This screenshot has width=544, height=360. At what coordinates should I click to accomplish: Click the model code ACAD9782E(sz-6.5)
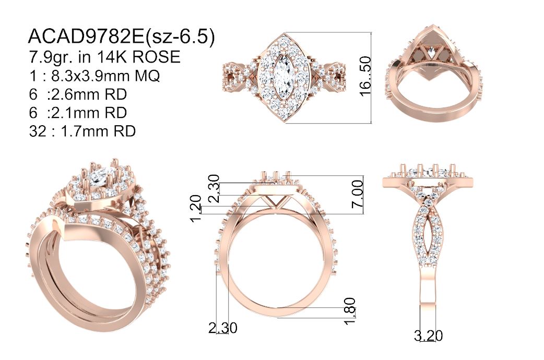121,37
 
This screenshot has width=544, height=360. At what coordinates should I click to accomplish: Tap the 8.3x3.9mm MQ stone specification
105,76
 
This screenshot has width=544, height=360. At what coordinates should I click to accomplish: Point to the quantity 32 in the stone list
38,131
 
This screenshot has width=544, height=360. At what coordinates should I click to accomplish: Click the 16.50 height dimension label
365,77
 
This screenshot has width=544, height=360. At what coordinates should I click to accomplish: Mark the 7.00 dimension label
358,193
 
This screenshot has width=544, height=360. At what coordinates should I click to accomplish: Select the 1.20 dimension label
196,208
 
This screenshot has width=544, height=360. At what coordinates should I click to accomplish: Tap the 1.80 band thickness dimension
350,311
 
